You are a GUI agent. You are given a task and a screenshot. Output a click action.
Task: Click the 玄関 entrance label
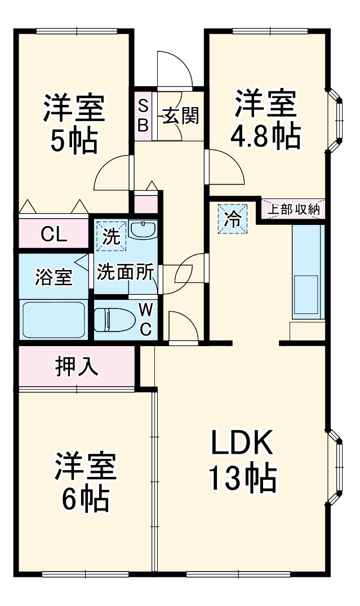point(180,117)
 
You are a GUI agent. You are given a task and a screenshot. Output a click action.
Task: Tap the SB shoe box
point(143,116)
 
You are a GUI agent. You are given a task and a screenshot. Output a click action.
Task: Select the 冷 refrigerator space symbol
point(232,218)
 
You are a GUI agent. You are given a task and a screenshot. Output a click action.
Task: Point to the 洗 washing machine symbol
point(111,236)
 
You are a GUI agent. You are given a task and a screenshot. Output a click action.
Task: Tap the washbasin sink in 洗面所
point(143,230)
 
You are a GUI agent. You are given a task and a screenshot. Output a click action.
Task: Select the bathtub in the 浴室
point(54,320)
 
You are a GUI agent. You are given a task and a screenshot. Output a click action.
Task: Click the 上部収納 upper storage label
point(292,209)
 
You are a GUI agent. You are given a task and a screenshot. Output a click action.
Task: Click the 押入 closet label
point(77,367)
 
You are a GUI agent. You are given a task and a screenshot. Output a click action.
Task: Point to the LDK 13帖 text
point(243,461)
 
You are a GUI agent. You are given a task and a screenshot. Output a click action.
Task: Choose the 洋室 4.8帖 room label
point(265,119)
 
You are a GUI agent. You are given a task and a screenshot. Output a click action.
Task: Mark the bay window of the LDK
point(336,467)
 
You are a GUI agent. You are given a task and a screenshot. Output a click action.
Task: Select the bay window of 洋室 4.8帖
point(335,120)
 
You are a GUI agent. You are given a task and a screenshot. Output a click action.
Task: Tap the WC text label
point(145,319)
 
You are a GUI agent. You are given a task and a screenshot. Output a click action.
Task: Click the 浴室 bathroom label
point(54,277)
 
